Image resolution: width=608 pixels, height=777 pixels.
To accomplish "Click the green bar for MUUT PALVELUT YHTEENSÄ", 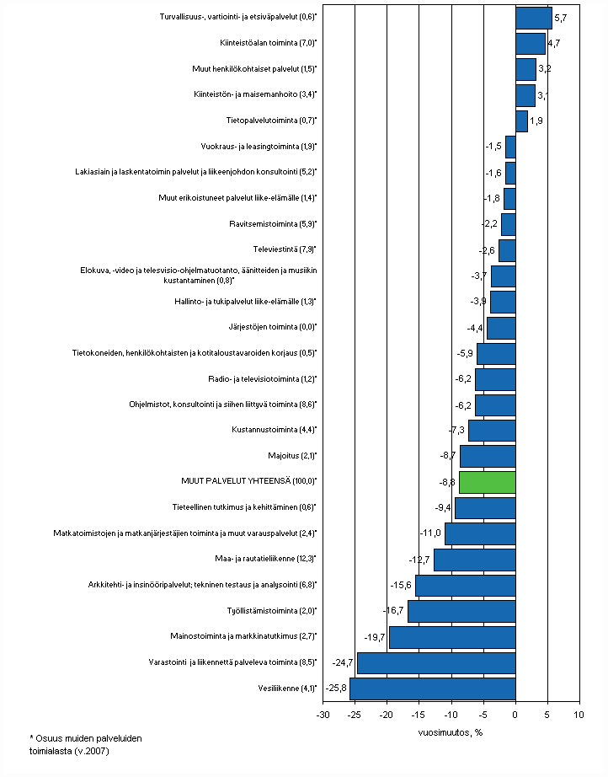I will (x=488, y=482).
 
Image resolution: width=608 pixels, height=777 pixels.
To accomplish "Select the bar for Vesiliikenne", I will (x=433, y=689).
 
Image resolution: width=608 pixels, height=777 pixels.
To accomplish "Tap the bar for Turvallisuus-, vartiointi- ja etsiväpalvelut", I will (x=533, y=18).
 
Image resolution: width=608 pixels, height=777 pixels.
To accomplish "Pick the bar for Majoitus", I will (x=488, y=456).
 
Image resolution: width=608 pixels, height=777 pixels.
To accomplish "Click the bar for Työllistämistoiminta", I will (x=461, y=611).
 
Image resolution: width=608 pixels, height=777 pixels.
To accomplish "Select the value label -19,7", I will (x=376, y=637).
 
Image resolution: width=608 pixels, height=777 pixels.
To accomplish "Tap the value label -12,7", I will (x=421, y=560).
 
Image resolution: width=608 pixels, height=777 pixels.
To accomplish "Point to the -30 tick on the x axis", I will (x=323, y=715).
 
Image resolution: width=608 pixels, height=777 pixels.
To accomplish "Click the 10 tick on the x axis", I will (x=579, y=715).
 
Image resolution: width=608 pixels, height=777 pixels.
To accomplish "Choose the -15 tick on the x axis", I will (x=419, y=715).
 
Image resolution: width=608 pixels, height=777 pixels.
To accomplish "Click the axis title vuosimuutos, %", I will (x=451, y=731).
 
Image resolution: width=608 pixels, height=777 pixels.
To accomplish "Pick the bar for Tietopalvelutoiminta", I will (x=521, y=121).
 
